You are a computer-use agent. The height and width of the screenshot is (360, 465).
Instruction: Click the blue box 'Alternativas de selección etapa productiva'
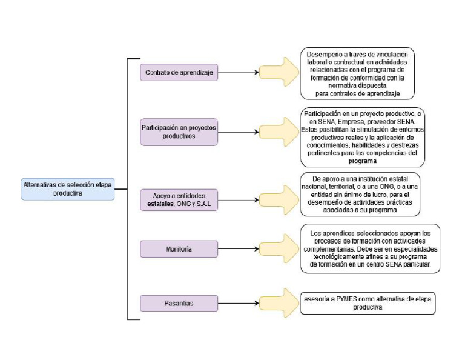[67, 188]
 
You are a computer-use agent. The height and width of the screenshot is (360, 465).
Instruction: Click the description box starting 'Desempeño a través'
[358, 73]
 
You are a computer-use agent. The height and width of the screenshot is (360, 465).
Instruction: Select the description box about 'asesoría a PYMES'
[368, 303]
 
